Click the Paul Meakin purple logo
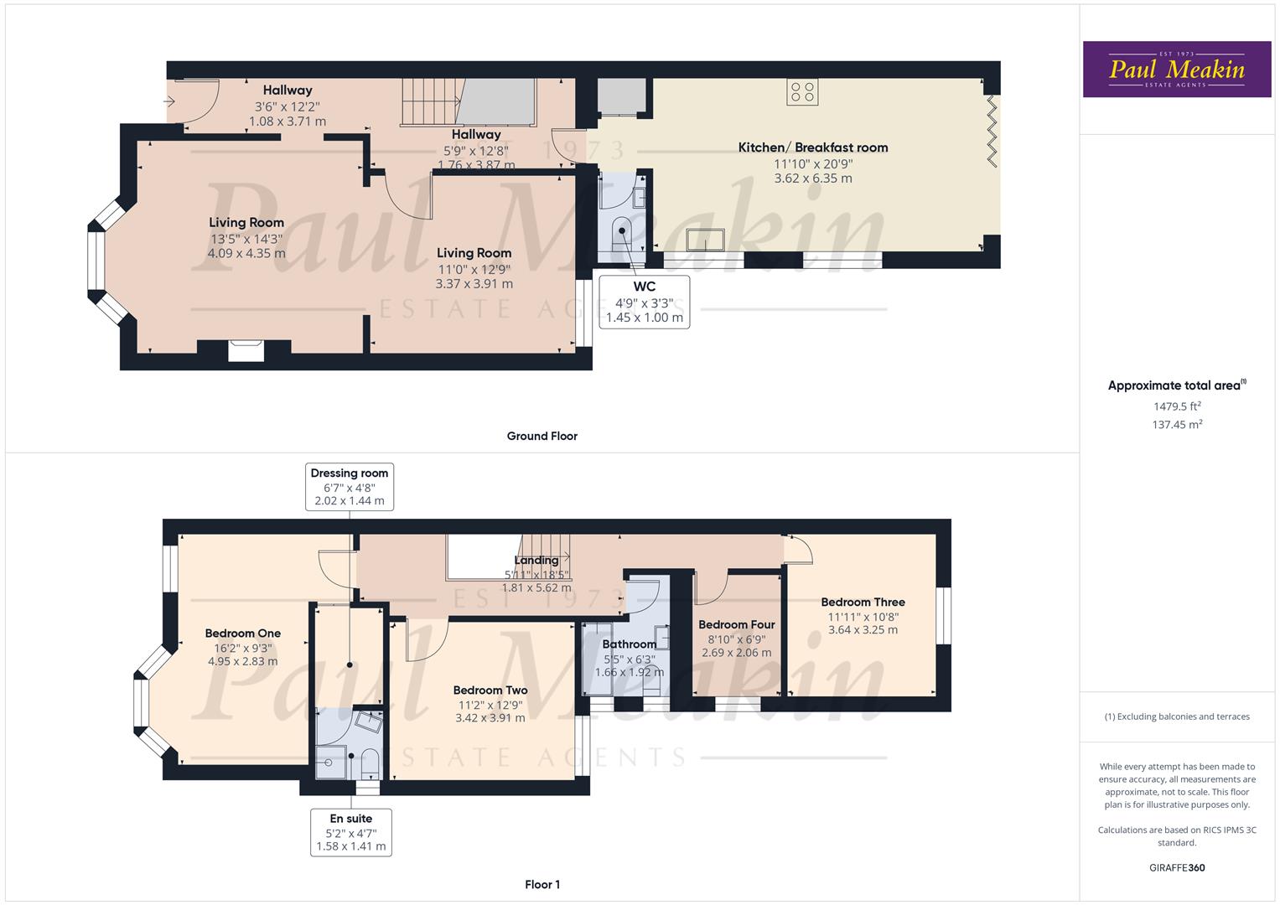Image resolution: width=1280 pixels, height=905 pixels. pos(1177,69)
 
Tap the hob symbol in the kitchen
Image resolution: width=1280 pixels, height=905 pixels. pos(802,92)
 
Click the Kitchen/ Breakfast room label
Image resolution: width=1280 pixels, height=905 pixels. pos(812,147)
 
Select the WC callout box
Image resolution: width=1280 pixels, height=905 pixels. pos(644,303)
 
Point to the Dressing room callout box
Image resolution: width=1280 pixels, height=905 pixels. pos(350,487)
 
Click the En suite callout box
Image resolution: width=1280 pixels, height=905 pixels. pos(351,832)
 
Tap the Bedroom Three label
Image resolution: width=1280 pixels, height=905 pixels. pos(863,602)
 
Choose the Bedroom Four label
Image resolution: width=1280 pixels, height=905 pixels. pos(737,624)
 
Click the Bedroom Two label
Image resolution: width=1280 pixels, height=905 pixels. pos(490,690)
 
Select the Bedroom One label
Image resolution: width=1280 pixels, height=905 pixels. pos(243,633)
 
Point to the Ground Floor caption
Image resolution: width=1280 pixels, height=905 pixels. pos(542,436)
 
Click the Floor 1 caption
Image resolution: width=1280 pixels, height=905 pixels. pos(542,884)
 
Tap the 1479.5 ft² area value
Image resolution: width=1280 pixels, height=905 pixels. pos(1177,406)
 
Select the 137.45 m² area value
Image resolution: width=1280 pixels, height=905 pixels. pos(1177,424)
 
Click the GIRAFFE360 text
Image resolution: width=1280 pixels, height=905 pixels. pos(1177,867)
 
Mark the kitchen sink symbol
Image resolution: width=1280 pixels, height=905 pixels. pos(705,240)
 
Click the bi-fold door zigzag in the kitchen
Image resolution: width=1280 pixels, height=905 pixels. pos(992,132)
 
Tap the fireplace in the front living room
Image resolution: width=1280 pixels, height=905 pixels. pos(246,350)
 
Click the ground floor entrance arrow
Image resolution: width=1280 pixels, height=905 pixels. pos(169,101)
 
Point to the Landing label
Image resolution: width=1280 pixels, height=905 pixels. pos(536,560)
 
